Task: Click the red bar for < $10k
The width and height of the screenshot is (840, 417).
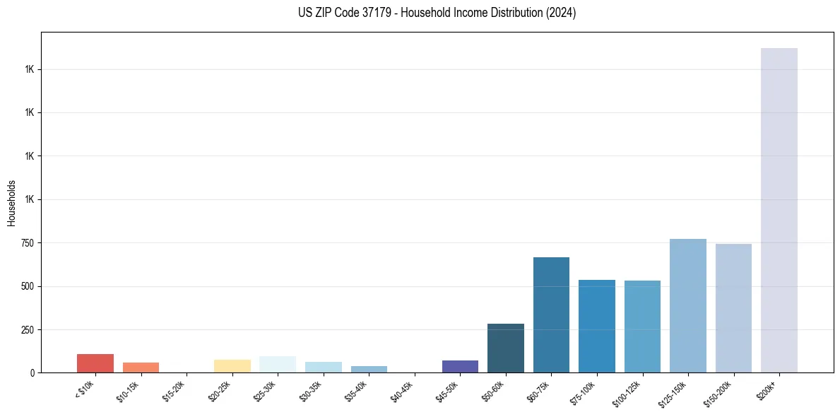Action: [x=95, y=363]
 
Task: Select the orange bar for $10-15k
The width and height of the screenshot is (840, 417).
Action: [x=141, y=368]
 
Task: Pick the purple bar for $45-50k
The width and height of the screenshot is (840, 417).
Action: [x=460, y=366]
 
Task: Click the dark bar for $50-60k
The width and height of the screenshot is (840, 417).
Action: [x=506, y=348]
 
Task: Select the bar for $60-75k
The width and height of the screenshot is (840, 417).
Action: [x=551, y=315]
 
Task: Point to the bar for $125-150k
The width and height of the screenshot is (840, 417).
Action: [x=687, y=305]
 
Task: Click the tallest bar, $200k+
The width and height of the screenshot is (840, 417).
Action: [x=779, y=210]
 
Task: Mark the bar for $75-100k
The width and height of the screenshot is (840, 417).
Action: [x=597, y=326]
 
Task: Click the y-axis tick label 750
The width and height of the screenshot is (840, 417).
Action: [x=27, y=243]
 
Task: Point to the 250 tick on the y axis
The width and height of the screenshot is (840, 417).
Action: [x=27, y=330]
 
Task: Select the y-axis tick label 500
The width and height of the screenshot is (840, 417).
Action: [x=27, y=286]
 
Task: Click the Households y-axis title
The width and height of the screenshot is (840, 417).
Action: [x=11, y=203]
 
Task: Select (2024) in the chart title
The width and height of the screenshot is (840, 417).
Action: [x=560, y=13]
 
